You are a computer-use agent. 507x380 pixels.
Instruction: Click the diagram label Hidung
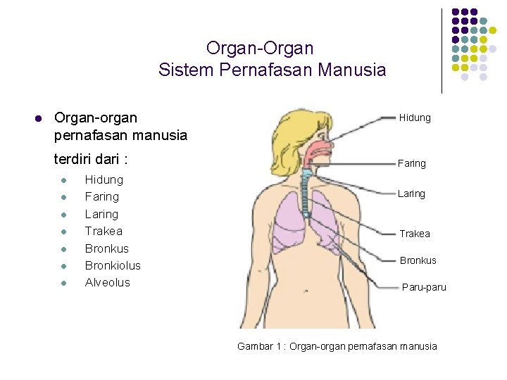[x=415, y=118]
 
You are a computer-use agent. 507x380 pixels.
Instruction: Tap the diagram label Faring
[x=412, y=163]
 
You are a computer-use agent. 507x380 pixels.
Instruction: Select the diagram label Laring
[x=411, y=194]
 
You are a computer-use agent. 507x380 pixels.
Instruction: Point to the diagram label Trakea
[x=415, y=234]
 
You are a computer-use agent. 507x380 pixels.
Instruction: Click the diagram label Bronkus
[x=418, y=260]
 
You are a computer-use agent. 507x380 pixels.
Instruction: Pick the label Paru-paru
[x=424, y=287]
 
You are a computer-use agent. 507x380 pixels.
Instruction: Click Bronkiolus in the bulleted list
[x=113, y=265]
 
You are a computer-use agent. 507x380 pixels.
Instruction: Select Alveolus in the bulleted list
[x=107, y=282]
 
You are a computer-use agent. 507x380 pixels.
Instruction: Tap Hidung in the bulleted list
[x=104, y=179]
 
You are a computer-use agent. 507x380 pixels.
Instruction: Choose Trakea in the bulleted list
[x=104, y=231]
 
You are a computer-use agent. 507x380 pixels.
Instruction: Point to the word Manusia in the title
[x=351, y=70]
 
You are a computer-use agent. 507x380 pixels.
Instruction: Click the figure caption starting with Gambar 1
[x=337, y=346]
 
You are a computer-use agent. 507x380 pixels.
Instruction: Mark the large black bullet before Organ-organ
[x=38, y=118]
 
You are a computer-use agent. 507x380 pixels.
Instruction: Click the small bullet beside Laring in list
[x=63, y=215]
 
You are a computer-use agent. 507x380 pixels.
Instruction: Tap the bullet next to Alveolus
[x=63, y=283]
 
